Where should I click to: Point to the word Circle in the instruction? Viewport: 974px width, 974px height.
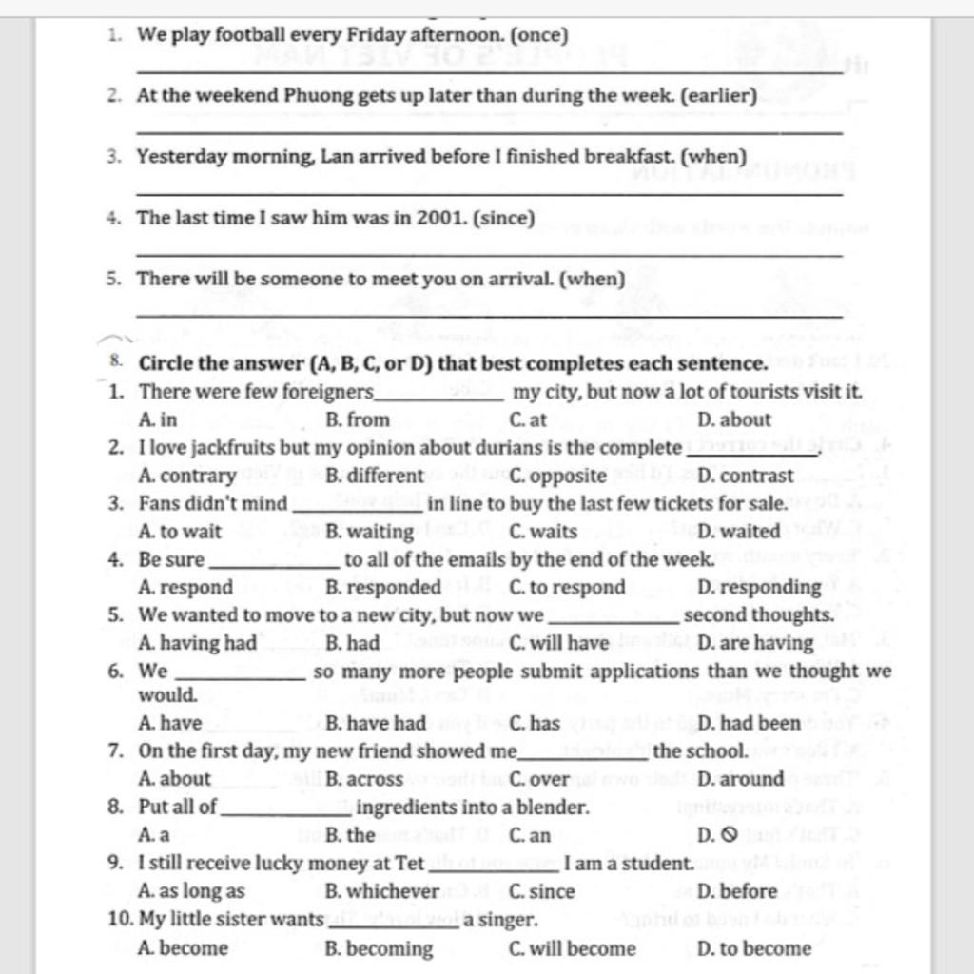[166, 364]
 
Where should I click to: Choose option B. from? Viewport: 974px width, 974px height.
[358, 419]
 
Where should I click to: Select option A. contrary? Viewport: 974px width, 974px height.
[187, 476]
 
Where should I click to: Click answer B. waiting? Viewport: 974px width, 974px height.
[369, 532]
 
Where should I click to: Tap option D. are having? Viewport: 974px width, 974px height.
[755, 644]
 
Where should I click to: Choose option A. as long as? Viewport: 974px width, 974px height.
[191, 892]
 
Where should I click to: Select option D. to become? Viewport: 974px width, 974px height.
[754, 948]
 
